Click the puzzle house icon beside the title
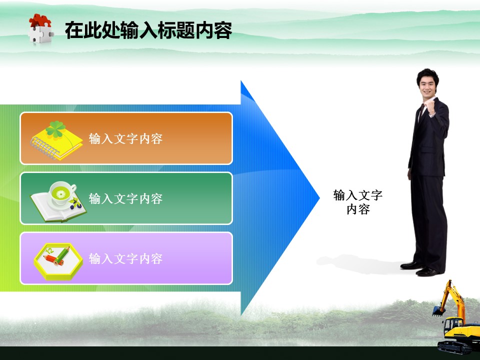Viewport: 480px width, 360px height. [x=40, y=28]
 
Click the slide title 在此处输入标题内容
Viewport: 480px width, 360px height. [x=148, y=30]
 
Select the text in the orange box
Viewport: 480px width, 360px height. [x=125, y=139]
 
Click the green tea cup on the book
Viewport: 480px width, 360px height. [x=63, y=193]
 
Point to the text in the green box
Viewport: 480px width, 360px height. [x=125, y=198]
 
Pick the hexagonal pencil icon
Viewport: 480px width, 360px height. [x=58, y=261]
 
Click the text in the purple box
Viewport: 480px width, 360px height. [x=125, y=258]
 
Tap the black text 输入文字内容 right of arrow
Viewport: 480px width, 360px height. [x=358, y=202]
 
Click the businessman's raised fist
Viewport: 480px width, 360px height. [x=430, y=106]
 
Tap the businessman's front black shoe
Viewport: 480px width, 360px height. [x=428, y=271]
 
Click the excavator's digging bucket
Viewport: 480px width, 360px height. [x=438, y=311]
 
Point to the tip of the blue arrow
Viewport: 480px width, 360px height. [x=319, y=198]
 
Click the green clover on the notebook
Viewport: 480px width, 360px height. [x=55, y=129]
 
